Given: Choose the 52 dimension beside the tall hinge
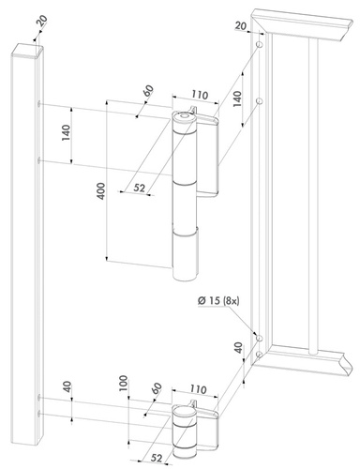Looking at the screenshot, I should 139,188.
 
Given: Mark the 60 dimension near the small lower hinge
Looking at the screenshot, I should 155,389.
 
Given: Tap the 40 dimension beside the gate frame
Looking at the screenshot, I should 238,348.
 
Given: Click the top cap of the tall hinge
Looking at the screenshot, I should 184,117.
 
